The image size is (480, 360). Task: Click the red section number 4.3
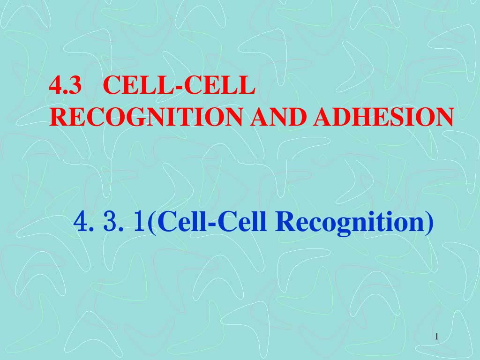point(66,85)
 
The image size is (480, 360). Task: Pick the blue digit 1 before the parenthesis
point(140,222)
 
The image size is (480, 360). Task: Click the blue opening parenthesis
point(152,224)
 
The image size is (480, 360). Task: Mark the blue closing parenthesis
point(429,224)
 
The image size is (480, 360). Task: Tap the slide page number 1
point(437,337)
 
